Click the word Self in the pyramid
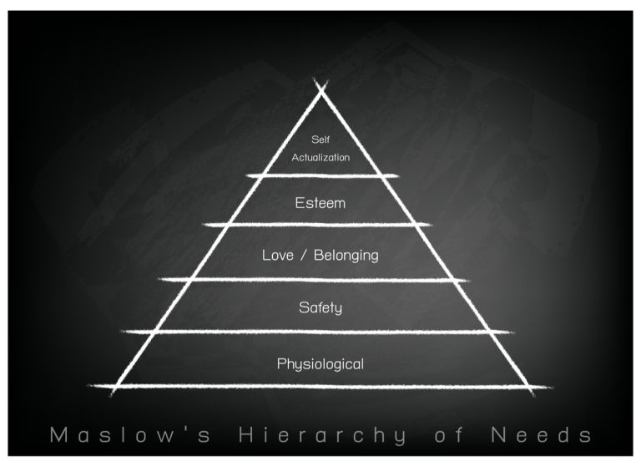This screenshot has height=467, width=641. click(320, 140)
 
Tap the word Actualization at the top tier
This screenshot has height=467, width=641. click(320, 156)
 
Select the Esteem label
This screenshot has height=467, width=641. click(320, 202)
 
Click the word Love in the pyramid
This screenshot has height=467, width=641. click(278, 255)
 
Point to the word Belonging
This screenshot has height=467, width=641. click(346, 256)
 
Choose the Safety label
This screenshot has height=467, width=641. click(320, 308)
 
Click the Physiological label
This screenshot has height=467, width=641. click(320, 363)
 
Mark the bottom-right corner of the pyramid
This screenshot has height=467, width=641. click(527, 387)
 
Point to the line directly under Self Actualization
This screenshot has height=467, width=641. click(320, 175)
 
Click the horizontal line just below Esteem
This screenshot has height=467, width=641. click(320, 225)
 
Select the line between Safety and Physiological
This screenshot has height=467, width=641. click(320, 332)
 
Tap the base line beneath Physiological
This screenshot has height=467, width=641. click(320, 386)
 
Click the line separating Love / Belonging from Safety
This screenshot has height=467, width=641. click(320, 279)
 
